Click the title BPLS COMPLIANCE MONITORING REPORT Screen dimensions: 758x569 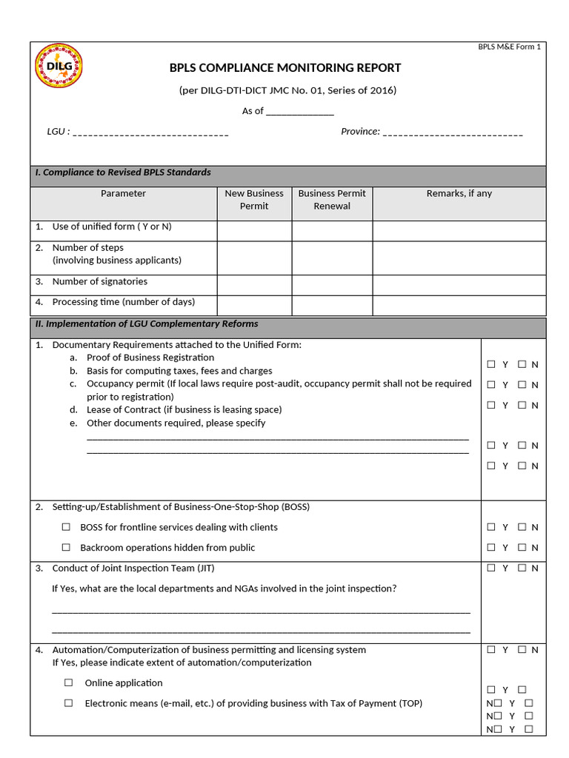285,68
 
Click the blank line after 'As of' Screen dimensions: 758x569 299,112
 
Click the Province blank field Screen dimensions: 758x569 453,133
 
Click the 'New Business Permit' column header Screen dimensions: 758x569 254,200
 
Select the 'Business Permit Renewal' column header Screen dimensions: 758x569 332,200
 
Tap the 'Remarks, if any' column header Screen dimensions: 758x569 459,194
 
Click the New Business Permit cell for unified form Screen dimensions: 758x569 254,231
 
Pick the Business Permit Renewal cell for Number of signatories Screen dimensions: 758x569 332,285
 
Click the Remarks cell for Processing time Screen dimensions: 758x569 459,306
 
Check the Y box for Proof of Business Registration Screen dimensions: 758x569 491,364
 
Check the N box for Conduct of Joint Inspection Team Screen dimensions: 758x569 522,568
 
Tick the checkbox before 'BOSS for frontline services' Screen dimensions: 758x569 66,527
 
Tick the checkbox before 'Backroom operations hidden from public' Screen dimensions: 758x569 66,548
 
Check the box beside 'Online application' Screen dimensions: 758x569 68,682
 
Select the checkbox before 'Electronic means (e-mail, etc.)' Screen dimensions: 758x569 68,703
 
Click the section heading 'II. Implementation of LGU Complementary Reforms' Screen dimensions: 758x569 147,324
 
